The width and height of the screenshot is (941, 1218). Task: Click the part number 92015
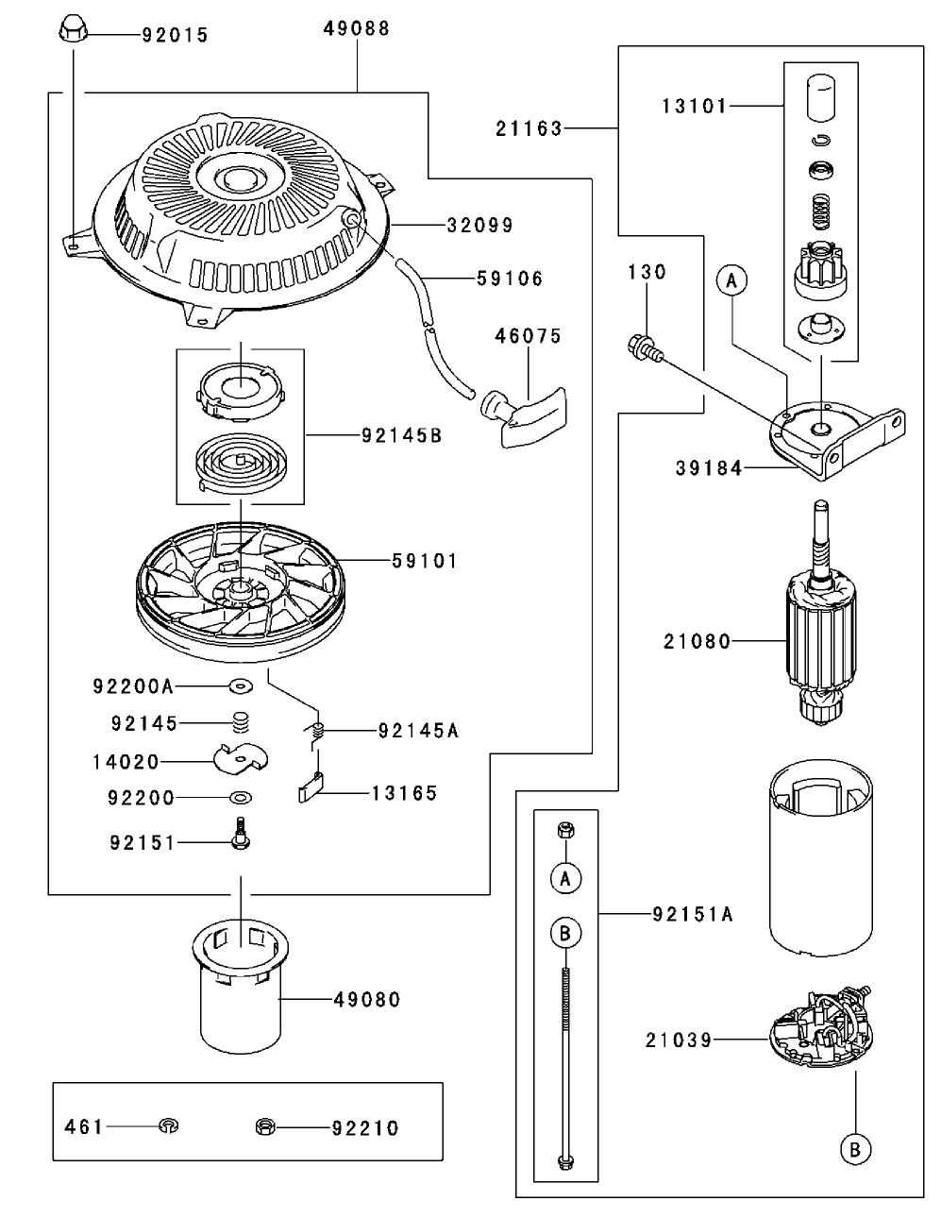point(175,36)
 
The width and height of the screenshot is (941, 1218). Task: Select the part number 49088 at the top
point(357,28)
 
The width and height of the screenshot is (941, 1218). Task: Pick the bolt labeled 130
point(645,347)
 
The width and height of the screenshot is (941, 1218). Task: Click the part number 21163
point(529,128)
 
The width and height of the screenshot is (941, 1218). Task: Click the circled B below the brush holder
point(854,1149)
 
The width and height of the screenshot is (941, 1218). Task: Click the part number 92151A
point(693,914)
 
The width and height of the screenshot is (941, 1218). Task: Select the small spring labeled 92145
point(243,723)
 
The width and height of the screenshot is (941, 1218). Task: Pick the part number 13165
point(404,793)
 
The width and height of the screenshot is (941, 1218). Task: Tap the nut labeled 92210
point(265,1125)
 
